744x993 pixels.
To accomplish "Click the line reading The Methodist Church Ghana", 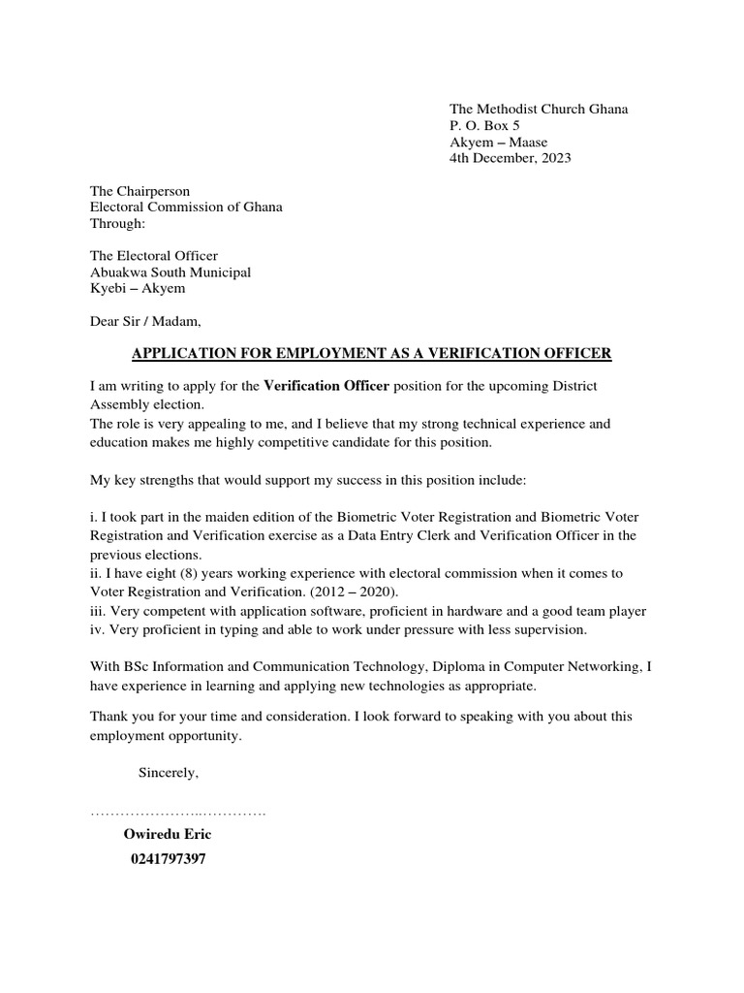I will coord(538,109).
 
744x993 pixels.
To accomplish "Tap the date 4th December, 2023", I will coord(510,158).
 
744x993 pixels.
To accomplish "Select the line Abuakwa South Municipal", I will coord(170,272).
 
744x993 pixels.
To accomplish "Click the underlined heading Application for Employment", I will coord(371,354).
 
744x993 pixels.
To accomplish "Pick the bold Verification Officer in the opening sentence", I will coord(326,386).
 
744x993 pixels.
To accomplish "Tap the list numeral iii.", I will coord(98,611).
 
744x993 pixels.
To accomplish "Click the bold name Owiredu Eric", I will coord(168,834).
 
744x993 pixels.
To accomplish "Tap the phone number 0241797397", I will coord(167,860).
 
